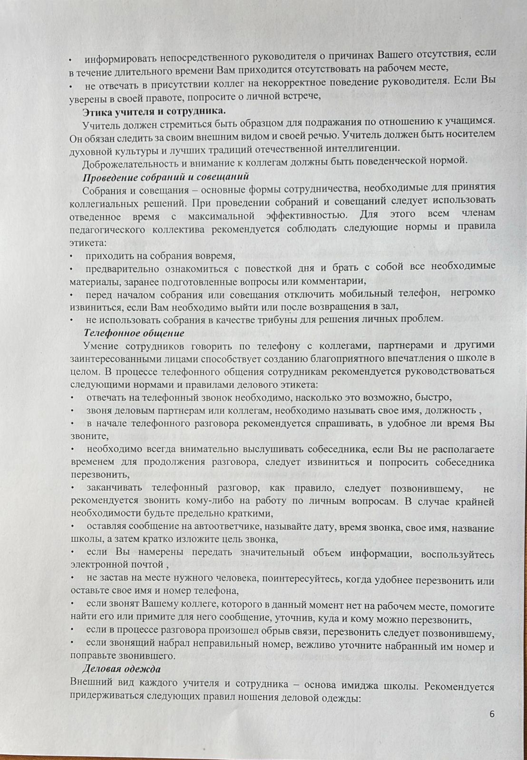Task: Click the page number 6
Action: tap(492, 714)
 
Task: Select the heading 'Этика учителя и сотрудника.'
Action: tap(154, 111)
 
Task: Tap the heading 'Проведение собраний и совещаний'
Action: tap(166, 177)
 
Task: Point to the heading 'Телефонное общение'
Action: tap(134, 333)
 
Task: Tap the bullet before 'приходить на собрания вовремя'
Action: tap(71, 256)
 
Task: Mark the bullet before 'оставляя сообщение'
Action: tap(72, 526)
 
